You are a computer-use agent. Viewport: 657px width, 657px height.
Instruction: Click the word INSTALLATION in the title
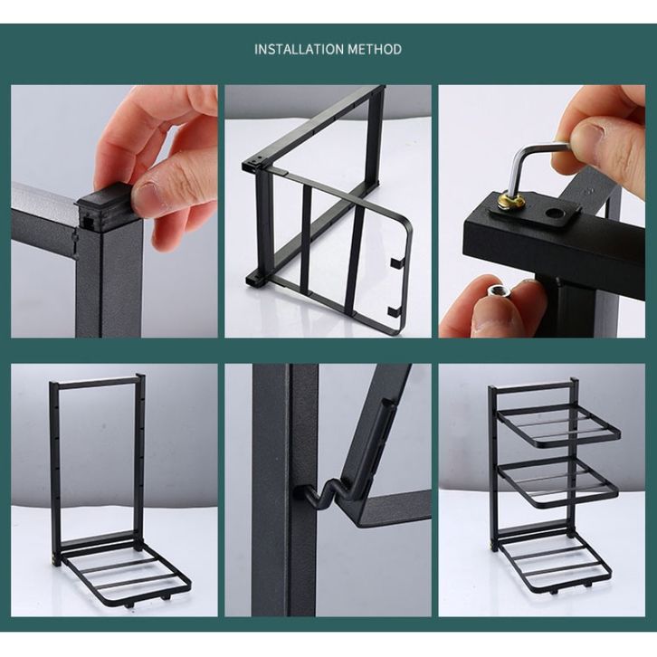299,50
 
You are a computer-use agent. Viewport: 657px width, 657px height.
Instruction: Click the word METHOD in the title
375,50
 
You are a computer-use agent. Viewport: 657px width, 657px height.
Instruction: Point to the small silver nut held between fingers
500,290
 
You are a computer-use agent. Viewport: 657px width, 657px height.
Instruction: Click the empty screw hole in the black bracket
555,214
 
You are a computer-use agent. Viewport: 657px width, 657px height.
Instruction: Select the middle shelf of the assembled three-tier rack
558,481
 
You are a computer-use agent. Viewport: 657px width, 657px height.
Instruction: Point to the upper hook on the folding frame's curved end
396,263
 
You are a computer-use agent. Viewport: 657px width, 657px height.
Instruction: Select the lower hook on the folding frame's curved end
395,312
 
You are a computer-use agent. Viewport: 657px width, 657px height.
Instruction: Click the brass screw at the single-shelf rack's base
53,559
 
